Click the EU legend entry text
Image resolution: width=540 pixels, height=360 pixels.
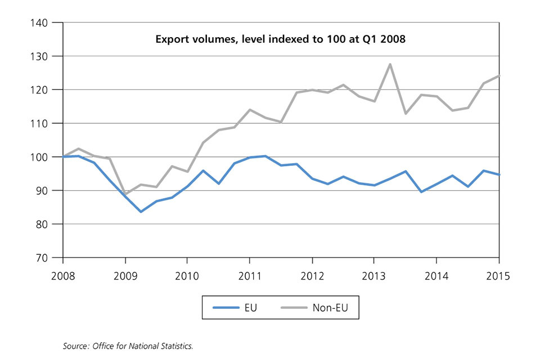tap(251, 308)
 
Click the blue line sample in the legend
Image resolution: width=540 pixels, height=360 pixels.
tap(226, 308)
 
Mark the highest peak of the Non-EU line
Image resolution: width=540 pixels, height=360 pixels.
tap(390, 64)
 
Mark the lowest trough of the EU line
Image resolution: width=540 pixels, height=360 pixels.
tap(141, 211)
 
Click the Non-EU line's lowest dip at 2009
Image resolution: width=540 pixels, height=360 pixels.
tap(125, 194)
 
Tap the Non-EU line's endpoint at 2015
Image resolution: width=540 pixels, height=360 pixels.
tap(498, 76)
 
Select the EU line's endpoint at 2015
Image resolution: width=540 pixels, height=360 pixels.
tap(498, 174)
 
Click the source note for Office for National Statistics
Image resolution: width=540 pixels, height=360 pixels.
tap(128, 345)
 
